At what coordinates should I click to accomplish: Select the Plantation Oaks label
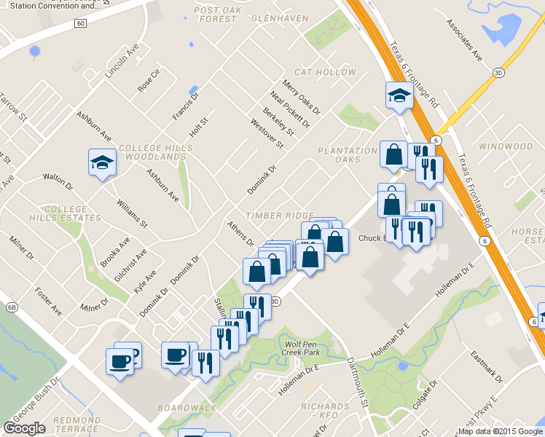(340, 155)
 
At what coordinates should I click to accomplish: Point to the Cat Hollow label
(325, 72)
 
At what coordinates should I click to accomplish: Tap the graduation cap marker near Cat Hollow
(399, 96)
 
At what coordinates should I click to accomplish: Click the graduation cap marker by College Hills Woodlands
(102, 162)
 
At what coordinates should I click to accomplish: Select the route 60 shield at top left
(80, 23)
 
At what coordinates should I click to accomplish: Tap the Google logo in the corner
(25, 428)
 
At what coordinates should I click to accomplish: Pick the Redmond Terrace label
(77, 425)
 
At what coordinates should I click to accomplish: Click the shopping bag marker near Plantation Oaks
(393, 155)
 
